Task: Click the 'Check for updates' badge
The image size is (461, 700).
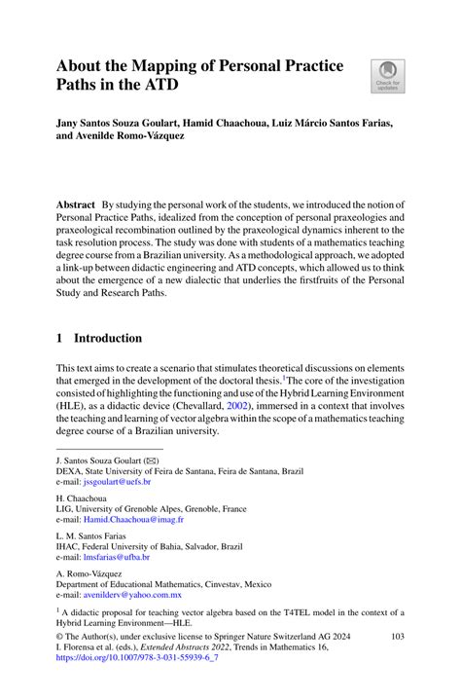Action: pyautogui.click(x=388, y=76)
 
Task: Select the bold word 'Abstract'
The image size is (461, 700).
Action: pyautogui.click(x=76, y=206)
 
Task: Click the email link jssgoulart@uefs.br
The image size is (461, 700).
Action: pyautogui.click(x=117, y=481)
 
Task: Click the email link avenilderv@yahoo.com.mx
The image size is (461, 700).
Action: pyautogui.click(x=132, y=594)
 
